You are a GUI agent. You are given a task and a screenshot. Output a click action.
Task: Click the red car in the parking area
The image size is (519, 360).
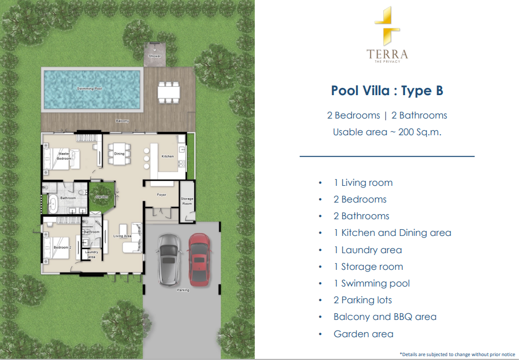[x=199, y=259]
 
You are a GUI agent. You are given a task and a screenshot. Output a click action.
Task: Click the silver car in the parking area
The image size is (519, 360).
[x=169, y=259]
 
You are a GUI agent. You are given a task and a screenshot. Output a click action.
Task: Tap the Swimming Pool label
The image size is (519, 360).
[x=90, y=88]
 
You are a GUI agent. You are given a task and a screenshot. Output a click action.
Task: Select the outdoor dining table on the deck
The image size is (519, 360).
[x=169, y=92]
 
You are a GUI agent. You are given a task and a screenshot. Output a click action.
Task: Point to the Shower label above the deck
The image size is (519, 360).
[x=155, y=56]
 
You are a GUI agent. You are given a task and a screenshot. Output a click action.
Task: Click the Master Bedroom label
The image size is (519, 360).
[x=64, y=156]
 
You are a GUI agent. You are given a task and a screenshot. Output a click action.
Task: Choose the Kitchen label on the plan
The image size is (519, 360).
[x=167, y=156]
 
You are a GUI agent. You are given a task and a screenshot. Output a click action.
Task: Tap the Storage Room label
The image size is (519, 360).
[x=187, y=201]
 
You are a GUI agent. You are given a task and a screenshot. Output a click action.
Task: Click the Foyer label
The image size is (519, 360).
[x=161, y=195]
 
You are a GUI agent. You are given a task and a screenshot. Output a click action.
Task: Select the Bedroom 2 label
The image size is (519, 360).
[x=62, y=248]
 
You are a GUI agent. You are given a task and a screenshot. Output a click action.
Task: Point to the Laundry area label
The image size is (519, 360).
[x=91, y=254]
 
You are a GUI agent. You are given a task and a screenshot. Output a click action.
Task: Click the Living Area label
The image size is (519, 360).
[x=122, y=236]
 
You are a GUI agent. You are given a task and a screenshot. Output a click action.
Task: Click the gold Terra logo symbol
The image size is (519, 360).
[x=387, y=26]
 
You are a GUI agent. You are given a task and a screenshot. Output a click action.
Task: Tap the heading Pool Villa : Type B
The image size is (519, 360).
[x=387, y=90]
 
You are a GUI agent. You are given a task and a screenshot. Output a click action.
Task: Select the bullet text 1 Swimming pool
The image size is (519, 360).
[x=372, y=284]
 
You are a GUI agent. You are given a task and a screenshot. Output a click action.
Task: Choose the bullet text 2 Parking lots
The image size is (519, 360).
[x=363, y=300]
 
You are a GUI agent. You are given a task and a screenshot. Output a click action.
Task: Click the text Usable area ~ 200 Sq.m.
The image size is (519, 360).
[x=387, y=132]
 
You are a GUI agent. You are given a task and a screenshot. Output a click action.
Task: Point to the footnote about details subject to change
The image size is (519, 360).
[x=457, y=354]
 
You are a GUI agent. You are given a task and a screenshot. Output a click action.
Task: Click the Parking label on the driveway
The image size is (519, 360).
[x=183, y=290]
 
